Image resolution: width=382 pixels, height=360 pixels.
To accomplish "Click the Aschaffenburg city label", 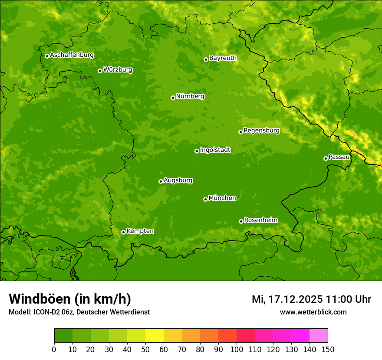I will click(72, 55).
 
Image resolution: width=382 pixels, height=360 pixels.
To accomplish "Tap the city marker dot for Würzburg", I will click(100, 71).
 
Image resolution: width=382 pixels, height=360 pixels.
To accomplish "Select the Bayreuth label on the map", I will click(223, 58).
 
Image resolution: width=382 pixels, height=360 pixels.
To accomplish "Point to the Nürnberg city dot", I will click(173, 98).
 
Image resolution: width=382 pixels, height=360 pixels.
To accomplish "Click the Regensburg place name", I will click(261, 130).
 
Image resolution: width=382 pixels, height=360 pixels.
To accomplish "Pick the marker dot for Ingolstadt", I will click(197, 151).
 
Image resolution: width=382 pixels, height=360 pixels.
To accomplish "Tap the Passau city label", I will click(339, 157).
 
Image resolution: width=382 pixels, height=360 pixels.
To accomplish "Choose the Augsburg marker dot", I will click(161, 181).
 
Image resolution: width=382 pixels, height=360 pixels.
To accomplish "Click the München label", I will click(222, 198).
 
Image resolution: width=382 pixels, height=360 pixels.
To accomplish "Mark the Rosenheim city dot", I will click(241, 221).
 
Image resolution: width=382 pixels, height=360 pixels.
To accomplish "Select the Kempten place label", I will click(140, 231).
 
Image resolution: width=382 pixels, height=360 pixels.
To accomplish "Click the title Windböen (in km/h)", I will click(69, 299).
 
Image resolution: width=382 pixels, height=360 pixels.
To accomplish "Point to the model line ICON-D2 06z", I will click(79, 312).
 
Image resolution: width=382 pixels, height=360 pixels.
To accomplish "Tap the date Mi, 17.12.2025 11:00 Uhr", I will click(311, 299).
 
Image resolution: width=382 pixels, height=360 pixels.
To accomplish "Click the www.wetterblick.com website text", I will click(313, 312).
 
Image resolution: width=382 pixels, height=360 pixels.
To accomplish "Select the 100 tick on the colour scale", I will click(237, 350).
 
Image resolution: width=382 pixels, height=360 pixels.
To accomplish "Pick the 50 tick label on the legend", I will click(145, 350).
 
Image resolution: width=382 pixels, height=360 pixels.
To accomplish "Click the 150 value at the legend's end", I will click(328, 350).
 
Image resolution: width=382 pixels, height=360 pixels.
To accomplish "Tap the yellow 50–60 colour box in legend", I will click(155, 335).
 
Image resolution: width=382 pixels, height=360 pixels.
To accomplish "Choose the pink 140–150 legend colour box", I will click(319, 335).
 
